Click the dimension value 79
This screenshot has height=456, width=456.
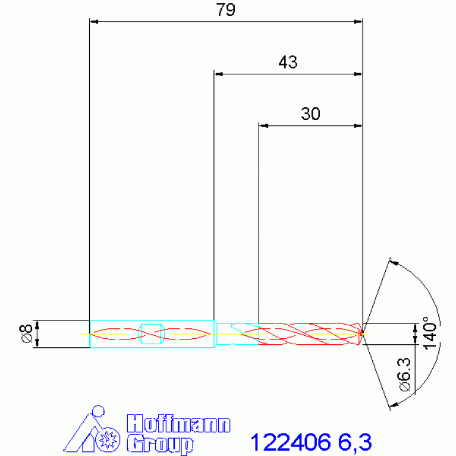[225, 10]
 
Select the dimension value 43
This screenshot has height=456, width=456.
[288, 62]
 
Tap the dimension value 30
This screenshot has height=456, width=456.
[310, 114]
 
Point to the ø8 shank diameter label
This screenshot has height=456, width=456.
[26, 334]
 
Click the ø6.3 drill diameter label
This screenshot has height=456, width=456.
[404, 375]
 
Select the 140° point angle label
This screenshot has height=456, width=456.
[430, 333]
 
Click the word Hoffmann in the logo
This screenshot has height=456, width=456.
[178, 424]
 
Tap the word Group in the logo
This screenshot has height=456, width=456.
[160, 444]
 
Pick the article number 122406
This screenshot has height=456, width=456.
[291, 442]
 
